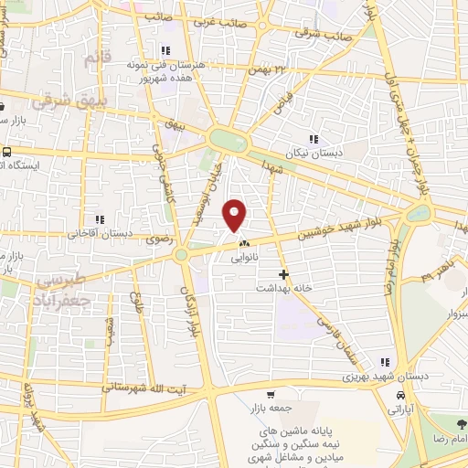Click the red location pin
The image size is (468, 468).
236,215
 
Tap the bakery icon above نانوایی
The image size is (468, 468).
244,244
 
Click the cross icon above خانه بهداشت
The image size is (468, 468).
284,273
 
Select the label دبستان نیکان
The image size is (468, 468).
314,154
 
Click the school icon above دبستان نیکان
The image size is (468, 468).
314,140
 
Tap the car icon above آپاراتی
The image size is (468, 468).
401,394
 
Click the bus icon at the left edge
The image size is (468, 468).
7,153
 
